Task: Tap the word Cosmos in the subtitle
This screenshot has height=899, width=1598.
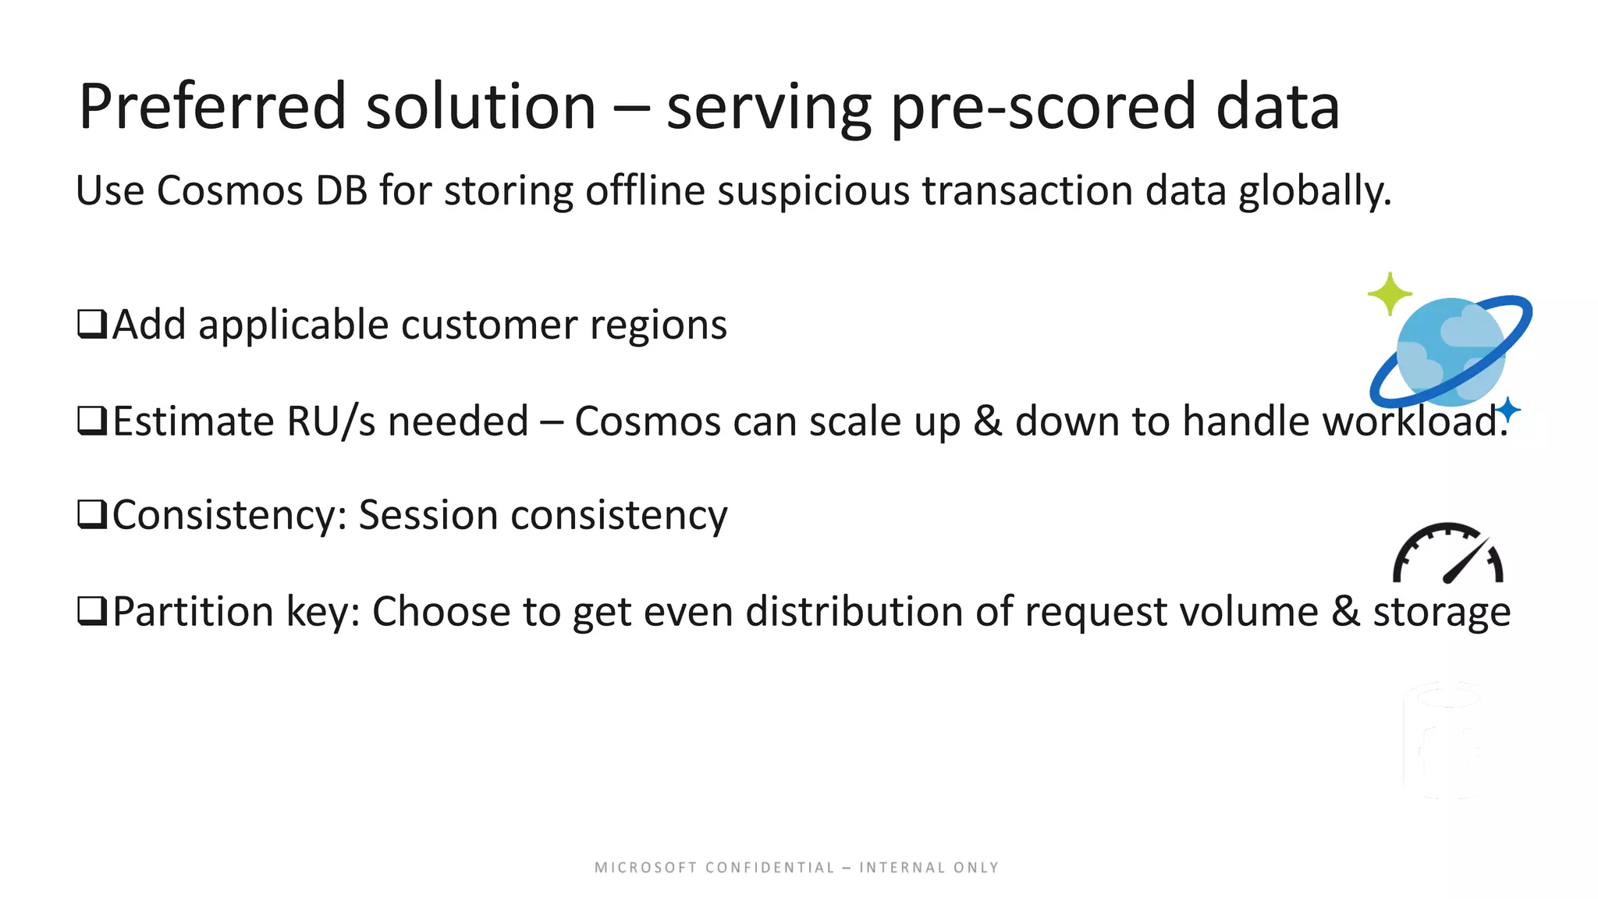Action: coord(229,190)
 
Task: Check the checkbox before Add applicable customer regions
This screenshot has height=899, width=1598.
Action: coord(92,324)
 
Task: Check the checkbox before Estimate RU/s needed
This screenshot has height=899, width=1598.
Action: coord(92,421)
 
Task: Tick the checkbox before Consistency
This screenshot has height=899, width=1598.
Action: coord(92,515)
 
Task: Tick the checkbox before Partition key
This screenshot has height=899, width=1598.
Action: coord(92,611)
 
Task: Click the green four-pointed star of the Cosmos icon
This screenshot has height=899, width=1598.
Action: coord(1390,293)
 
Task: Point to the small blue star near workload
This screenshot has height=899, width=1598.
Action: coord(1508,409)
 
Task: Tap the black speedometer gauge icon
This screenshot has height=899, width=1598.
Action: coord(1448,554)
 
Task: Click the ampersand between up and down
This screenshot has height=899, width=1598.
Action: coord(987,421)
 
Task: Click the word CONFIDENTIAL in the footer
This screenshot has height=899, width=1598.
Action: coord(769,868)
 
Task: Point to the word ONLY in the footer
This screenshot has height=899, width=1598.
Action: coord(975,868)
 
